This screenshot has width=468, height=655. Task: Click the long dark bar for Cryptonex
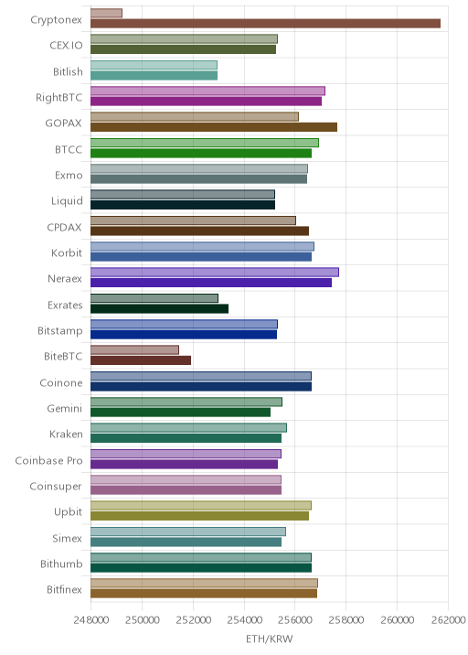(265, 24)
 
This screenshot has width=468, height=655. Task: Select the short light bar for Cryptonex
(106, 13)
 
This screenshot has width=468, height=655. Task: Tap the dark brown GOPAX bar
(214, 127)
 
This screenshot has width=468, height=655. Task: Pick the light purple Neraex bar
(215, 273)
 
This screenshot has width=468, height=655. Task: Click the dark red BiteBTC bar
(141, 360)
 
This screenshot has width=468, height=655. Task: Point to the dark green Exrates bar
(159, 308)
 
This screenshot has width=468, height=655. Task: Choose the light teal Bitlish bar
(154, 65)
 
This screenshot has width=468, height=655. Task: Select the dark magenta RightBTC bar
(207, 102)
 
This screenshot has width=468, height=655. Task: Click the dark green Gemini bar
(180, 413)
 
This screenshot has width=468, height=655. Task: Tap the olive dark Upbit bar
(199, 516)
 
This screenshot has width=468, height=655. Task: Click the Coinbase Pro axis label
(48, 460)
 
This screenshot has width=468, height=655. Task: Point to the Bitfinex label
(64, 589)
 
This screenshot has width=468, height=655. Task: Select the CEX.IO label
(66, 45)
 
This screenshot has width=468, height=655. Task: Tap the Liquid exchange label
(67, 201)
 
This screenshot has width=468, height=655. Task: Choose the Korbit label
(67, 252)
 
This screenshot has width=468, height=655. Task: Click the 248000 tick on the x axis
(91, 619)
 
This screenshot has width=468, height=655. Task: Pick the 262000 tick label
(448, 619)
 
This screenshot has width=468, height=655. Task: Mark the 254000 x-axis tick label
(244, 619)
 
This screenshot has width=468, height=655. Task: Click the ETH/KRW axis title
(270, 639)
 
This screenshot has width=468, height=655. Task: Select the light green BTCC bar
(205, 143)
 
